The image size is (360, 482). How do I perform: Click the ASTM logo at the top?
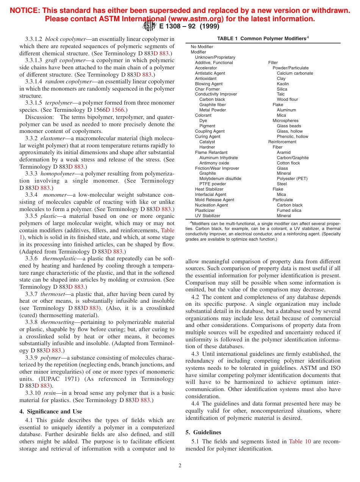point(149,26)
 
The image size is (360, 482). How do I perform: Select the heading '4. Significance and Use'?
point(50,412)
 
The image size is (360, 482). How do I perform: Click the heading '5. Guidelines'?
point(203,432)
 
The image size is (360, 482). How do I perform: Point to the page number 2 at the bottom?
point(180,466)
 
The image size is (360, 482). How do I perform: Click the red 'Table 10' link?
point(300,441)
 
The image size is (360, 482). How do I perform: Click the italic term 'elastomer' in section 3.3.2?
point(53,138)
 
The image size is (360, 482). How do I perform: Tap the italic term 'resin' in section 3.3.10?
point(49,393)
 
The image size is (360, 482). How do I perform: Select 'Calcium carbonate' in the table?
point(295,73)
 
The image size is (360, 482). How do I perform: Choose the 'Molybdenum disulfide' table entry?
point(220,178)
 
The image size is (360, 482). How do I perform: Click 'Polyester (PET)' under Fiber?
point(292,178)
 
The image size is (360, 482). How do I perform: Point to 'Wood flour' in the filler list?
point(287,100)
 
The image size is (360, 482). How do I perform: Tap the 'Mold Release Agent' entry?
point(214,200)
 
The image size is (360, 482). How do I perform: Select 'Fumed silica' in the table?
point(289,210)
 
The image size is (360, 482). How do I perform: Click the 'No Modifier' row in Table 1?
point(202,47)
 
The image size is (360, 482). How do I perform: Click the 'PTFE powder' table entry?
point(212,184)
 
